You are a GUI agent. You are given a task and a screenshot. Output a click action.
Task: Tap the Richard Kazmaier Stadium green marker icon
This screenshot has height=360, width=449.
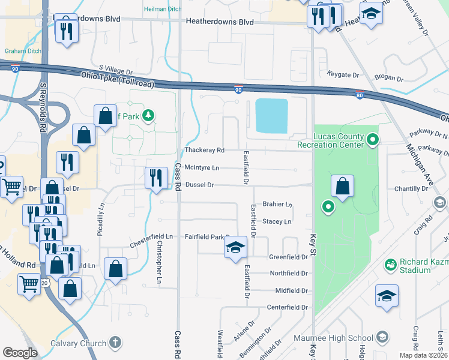coord(390,264)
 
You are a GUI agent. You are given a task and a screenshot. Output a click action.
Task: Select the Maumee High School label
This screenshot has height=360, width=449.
coord(343,338)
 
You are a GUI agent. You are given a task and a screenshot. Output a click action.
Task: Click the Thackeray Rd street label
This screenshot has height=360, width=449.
coord(204,150)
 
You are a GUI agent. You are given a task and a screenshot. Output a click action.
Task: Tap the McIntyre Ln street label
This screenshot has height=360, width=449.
coord(202,167)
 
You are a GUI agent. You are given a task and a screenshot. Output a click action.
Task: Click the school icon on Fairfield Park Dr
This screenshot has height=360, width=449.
coord(235,247)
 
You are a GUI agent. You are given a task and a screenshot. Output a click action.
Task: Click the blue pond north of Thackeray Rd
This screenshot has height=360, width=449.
coord(271,116)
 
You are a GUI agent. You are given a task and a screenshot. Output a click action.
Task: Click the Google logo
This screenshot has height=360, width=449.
coord(20,353)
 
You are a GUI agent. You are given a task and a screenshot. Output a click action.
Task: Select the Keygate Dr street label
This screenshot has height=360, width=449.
coord(343,75)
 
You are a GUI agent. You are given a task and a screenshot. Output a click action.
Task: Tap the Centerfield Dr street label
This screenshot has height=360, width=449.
coord(287,307)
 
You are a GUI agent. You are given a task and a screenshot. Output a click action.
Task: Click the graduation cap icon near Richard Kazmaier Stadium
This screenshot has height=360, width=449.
coord(387,296)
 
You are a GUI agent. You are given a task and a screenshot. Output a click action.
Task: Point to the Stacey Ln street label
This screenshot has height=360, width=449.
coord(277,221)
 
